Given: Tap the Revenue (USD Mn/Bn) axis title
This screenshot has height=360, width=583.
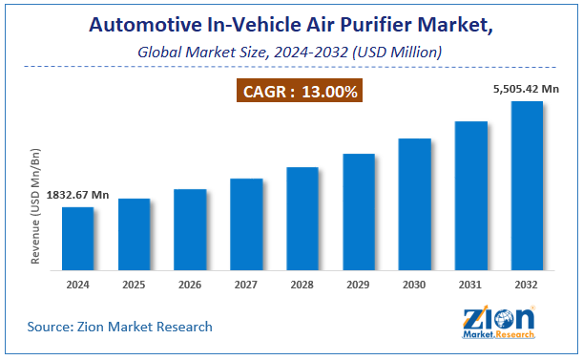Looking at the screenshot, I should point(35,206).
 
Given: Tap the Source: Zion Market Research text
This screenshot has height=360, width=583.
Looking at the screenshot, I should point(119,328).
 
